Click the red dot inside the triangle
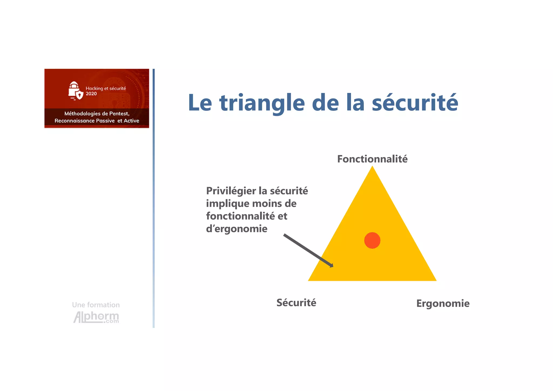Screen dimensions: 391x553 tap(372, 240)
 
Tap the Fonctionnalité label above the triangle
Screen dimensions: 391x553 tap(372, 159)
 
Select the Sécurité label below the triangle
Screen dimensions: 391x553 tap(296, 303)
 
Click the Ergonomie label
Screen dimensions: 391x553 tap(443, 304)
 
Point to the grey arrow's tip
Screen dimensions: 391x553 tap(333, 267)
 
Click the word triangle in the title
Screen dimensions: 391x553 tap(262, 103)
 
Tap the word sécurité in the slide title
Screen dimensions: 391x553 tap(415, 103)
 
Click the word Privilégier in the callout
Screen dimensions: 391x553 tap(231, 191)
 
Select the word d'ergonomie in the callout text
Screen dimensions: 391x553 tap(237, 229)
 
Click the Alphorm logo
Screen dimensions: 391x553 tap(96, 317)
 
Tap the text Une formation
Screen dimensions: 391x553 tap(96, 305)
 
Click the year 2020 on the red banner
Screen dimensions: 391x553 tap(91, 94)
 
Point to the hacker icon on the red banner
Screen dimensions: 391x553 tap(75, 91)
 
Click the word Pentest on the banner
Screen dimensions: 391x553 tap(119, 114)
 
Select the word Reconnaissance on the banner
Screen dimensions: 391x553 tap(75, 121)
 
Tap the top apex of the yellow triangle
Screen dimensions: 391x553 tap(372, 167)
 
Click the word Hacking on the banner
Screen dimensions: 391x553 tap(94, 88)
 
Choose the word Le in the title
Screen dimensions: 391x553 tap(200, 103)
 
